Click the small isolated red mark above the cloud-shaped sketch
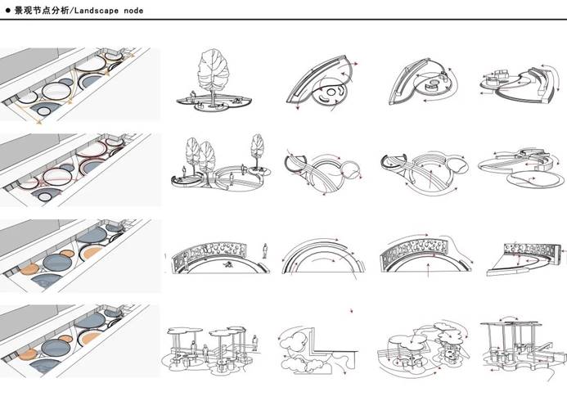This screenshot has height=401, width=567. (x=351, y=310)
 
